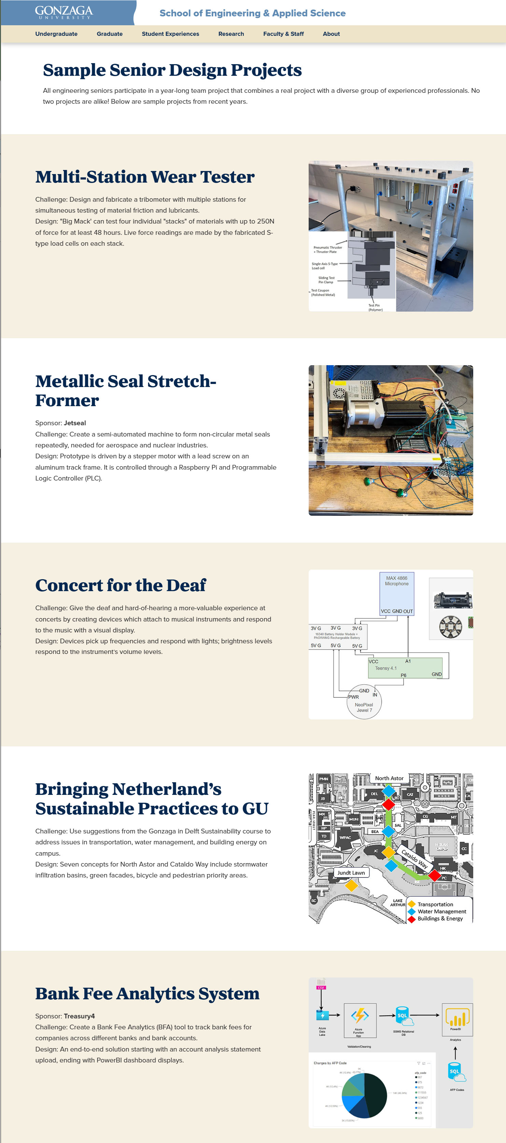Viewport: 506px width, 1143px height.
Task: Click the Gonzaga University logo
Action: (64, 12)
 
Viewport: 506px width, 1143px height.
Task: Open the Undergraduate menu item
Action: (56, 34)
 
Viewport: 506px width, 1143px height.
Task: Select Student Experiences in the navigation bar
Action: (170, 34)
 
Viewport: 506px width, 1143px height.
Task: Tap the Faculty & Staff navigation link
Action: (283, 34)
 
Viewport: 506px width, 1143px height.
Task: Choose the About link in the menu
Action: (331, 34)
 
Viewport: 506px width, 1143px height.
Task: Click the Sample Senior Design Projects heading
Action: (172, 70)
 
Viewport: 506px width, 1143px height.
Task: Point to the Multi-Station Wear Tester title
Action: (145, 176)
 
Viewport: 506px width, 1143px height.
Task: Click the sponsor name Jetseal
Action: (74, 423)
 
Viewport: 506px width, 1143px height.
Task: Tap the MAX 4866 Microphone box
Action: (397, 593)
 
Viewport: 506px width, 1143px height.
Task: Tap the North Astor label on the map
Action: (389, 778)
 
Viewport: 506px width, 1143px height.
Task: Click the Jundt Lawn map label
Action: (351, 873)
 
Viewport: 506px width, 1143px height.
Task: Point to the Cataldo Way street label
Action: (414, 859)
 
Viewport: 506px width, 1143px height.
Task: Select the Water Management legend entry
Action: (442, 911)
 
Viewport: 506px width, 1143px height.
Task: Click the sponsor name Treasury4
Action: (79, 1016)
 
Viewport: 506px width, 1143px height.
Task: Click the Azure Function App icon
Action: (360, 1016)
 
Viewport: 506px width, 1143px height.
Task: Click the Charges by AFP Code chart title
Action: (330, 1063)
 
